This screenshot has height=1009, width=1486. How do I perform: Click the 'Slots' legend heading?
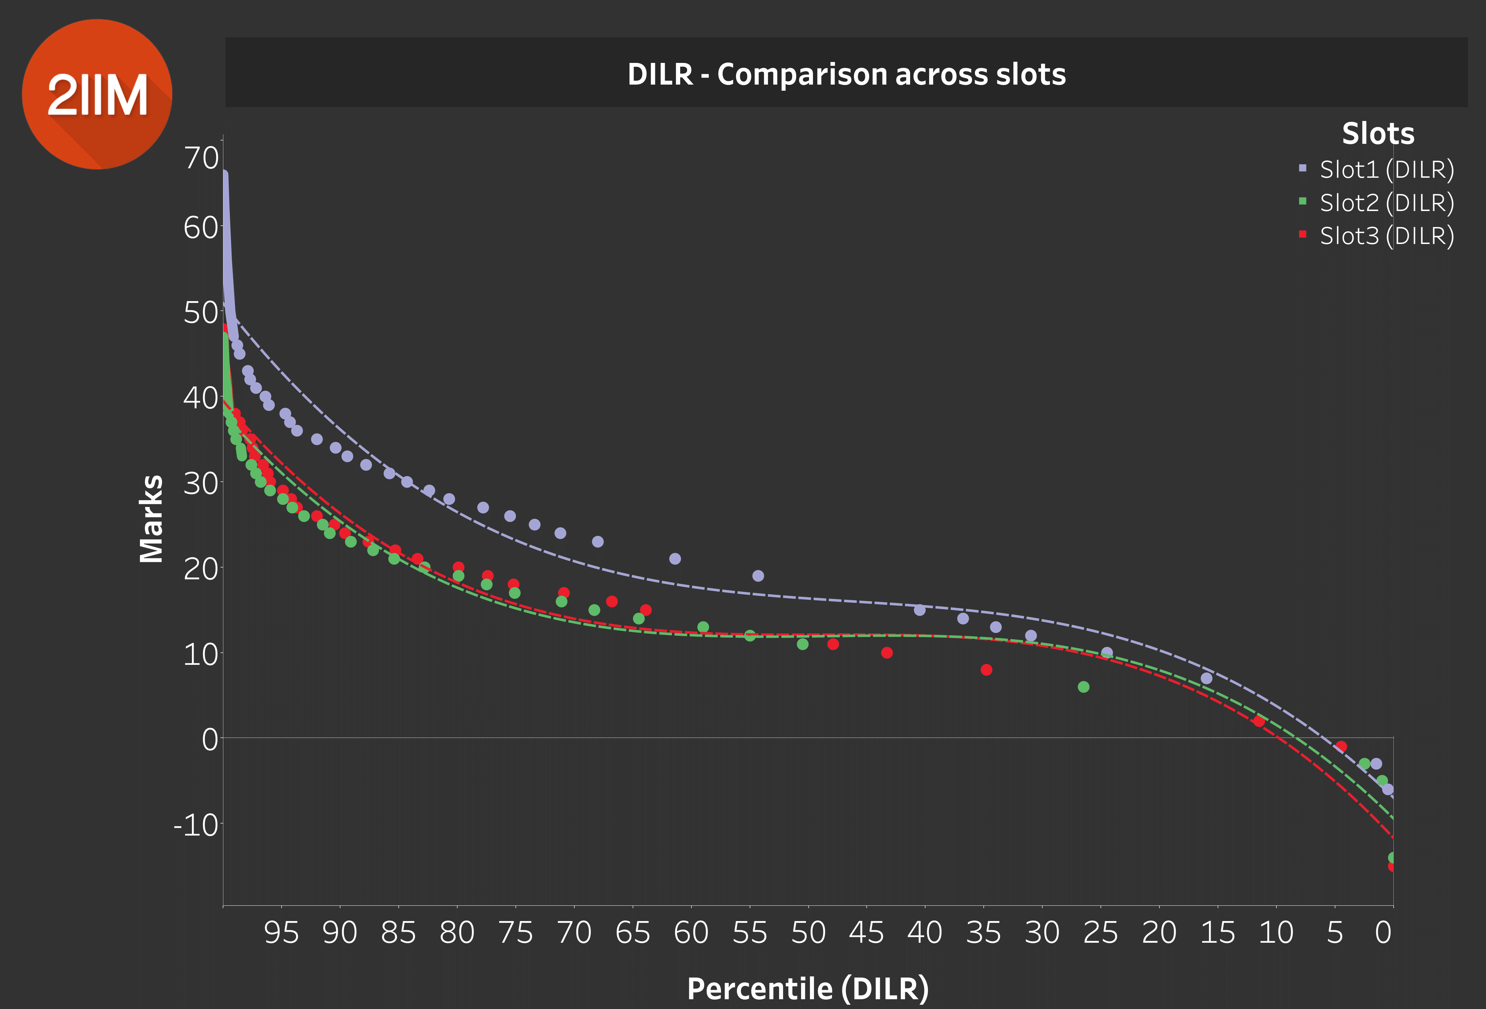1378,133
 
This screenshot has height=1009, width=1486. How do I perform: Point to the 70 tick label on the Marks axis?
201,158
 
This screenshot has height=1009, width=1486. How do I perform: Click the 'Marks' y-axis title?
152,519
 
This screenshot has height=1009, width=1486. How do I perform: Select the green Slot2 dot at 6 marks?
1083,687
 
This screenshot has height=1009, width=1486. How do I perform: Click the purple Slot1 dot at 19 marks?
758,576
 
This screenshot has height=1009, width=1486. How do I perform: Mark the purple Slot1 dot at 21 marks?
675,559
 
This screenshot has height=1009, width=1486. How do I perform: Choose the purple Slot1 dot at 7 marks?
1206,678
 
